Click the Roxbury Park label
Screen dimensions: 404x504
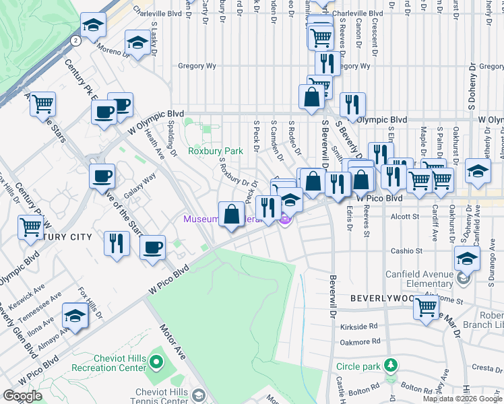[x=215, y=151]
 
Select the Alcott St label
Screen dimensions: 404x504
[x=406, y=217]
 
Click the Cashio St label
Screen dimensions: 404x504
[x=406, y=250]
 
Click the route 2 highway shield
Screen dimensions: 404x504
[x=76, y=40]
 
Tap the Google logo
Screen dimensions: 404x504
[x=22, y=396]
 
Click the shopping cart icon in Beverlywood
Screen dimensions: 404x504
[x=427, y=306]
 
